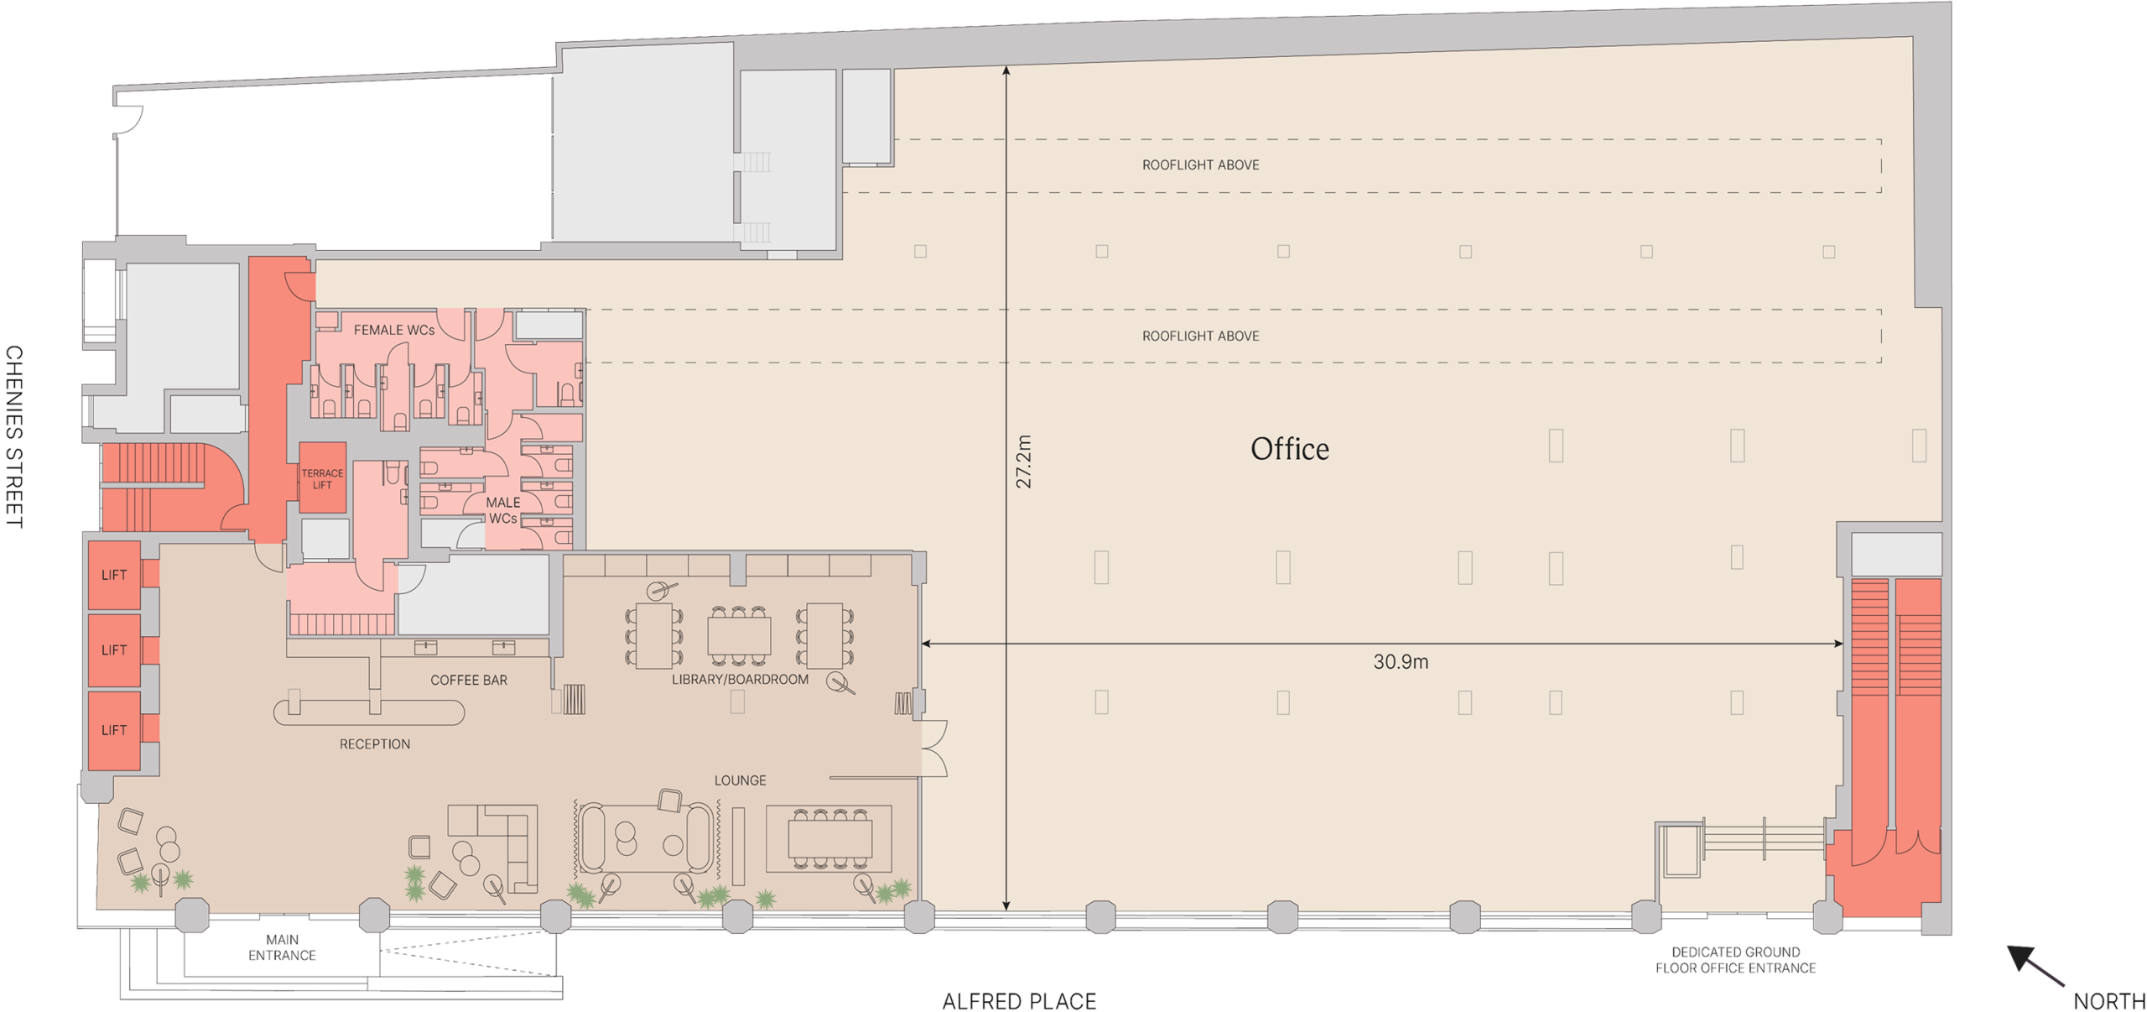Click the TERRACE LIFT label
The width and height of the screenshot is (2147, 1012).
click(x=322, y=478)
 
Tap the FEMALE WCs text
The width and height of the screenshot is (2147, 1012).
click(x=394, y=330)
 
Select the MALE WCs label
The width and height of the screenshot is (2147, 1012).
click(x=503, y=510)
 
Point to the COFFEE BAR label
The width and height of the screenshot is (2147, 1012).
click(x=469, y=680)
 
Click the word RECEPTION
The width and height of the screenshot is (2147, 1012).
click(x=375, y=743)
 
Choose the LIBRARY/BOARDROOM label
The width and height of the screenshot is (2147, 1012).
click(x=740, y=679)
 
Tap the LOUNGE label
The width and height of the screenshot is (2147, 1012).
click(x=740, y=780)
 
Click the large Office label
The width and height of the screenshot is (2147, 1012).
click(x=1289, y=448)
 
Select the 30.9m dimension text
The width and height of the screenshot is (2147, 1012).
click(x=1401, y=661)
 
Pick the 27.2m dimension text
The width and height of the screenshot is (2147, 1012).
click(x=1023, y=461)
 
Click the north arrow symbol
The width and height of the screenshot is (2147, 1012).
click(x=2035, y=965)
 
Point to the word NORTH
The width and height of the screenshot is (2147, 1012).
click(x=2109, y=1000)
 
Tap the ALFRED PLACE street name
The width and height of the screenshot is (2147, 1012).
click(x=1019, y=1000)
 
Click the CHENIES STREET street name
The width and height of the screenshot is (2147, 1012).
click(x=14, y=436)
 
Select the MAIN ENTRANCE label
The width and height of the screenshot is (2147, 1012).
click(x=282, y=947)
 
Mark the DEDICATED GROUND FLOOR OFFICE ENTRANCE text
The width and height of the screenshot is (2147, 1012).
click(x=1735, y=960)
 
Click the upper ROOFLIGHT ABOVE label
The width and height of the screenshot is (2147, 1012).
click(x=1200, y=164)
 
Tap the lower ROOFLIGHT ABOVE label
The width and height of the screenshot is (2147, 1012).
click(x=1200, y=336)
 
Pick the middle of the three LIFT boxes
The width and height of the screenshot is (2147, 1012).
click(x=114, y=650)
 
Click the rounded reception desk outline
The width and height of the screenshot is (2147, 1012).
click(x=369, y=712)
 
